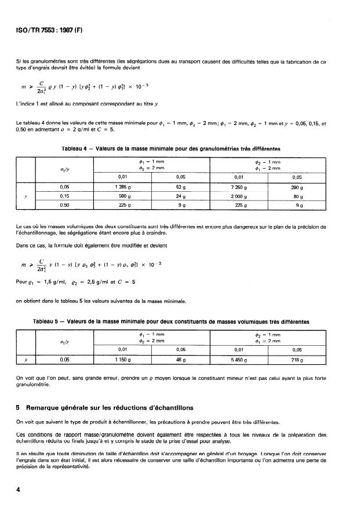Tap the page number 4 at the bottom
pos(19,489)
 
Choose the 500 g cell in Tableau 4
pos(123,196)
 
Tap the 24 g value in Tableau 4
pos(180,196)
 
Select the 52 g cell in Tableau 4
pos(180,187)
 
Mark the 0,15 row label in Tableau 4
pos(65,196)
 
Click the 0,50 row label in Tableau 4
pos(65,204)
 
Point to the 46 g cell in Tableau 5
pos(180,359)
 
